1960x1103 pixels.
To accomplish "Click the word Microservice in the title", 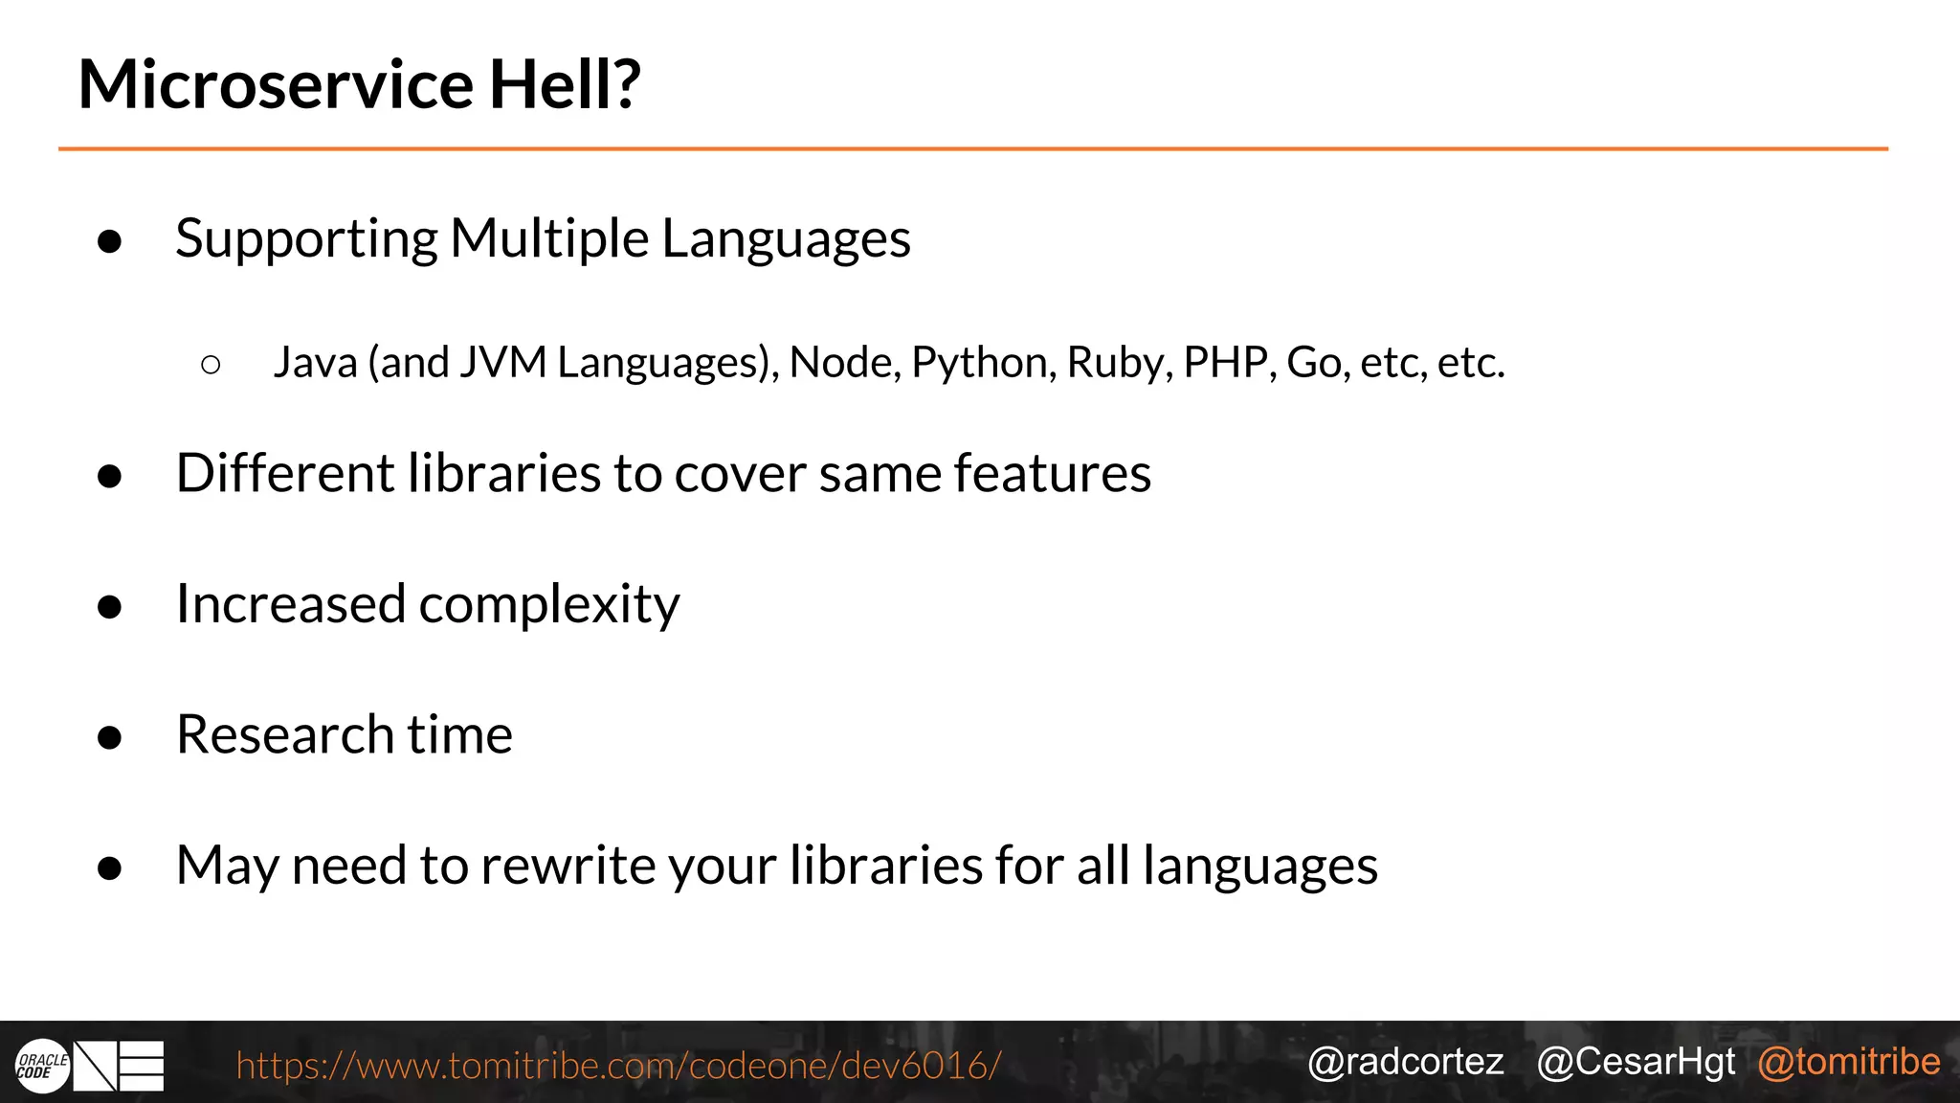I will point(276,84).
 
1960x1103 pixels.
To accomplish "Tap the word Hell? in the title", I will point(565,84).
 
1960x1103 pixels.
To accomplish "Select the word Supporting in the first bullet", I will point(306,239).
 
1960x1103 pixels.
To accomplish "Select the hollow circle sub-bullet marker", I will point(212,364).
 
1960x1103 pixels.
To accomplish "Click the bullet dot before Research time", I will point(110,737).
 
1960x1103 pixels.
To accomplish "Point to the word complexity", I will point(549,605).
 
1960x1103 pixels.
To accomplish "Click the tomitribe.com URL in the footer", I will point(618,1065).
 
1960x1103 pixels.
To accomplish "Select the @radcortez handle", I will point(1405,1062).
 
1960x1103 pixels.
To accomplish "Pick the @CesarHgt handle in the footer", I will point(1636,1062).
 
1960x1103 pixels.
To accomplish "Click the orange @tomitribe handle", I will point(1849,1062).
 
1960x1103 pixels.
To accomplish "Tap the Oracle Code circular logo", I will point(43,1066).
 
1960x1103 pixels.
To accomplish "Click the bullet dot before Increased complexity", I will point(110,607).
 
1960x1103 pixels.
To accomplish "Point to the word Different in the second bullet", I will point(285,473).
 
